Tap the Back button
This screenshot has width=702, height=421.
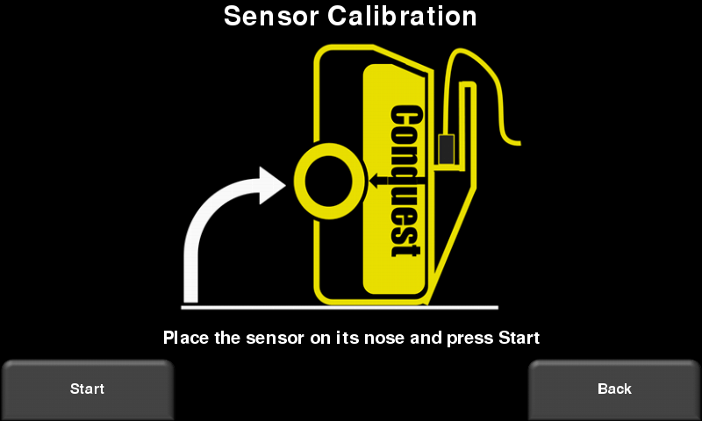pyautogui.click(x=614, y=389)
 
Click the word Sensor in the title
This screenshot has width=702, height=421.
pyautogui.click(x=271, y=16)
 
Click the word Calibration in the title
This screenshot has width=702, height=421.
pyautogui.click(x=402, y=16)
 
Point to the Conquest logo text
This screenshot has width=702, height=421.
pyautogui.click(x=406, y=181)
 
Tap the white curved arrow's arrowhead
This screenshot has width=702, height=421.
pyautogui.click(x=272, y=185)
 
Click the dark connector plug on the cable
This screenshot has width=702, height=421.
pyautogui.click(x=447, y=149)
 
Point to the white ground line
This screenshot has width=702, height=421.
pyautogui.click(x=340, y=307)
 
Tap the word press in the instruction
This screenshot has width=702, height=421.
pyautogui.click(x=470, y=339)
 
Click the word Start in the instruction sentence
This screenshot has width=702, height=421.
pyautogui.click(x=519, y=338)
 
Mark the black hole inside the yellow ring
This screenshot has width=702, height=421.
pyautogui.click(x=329, y=181)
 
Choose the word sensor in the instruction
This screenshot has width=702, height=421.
pyautogui.click(x=275, y=339)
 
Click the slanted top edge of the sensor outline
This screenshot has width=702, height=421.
pyautogui.click(x=403, y=59)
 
